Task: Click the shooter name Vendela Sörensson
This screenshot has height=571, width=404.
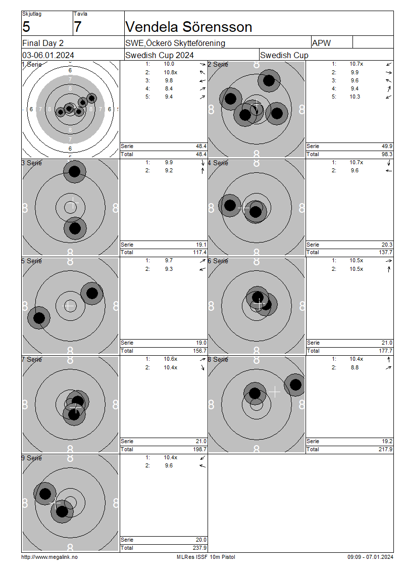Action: tap(188, 27)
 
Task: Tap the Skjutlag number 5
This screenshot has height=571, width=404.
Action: tap(26, 27)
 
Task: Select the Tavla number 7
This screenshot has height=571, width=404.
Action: tap(78, 27)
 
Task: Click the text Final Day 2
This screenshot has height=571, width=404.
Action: tap(43, 43)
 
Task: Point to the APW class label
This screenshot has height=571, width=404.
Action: tap(321, 43)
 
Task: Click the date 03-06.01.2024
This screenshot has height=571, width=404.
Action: tap(48, 56)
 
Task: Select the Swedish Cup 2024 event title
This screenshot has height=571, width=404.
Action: tap(160, 56)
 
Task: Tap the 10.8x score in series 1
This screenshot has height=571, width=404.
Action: tap(170, 72)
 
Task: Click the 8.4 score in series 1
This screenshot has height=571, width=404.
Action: tap(169, 88)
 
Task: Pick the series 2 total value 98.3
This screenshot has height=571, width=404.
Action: tap(387, 155)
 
